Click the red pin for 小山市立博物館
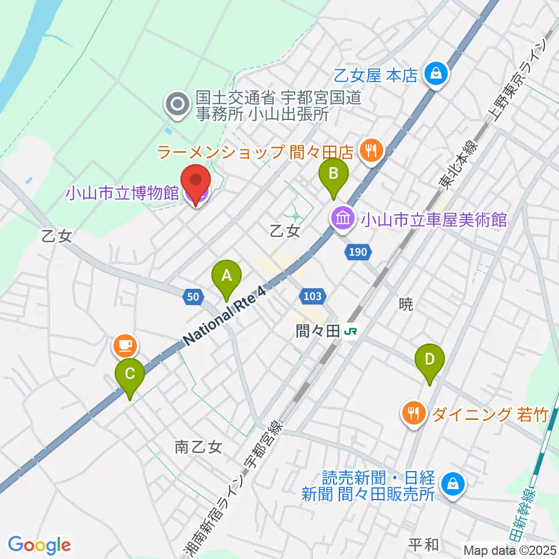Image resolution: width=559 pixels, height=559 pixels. pyautogui.click(x=196, y=185)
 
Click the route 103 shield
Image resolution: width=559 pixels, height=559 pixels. pyautogui.click(x=312, y=296)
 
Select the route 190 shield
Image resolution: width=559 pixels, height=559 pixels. pyautogui.click(x=358, y=252)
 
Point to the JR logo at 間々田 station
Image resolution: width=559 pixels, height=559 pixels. pyautogui.click(x=351, y=331)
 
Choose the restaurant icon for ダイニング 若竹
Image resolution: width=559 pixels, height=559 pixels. pyautogui.click(x=414, y=414)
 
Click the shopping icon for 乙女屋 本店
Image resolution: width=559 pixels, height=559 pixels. pyautogui.click(x=435, y=74)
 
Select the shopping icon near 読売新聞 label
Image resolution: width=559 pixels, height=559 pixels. pyautogui.click(x=451, y=483)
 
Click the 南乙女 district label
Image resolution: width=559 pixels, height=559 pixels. pyautogui.click(x=198, y=447)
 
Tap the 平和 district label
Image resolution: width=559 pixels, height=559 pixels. pyautogui.click(x=423, y=544)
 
